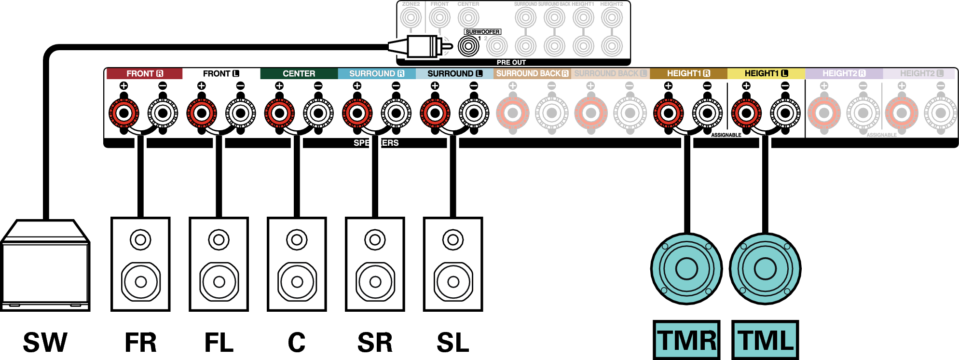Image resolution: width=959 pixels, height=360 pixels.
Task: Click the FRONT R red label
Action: pos(144,73)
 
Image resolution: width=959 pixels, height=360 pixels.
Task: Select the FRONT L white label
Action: pos(221,73)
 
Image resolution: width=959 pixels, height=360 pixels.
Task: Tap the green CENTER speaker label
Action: pos(299,73)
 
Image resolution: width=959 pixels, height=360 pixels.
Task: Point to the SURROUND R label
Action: pos(376,73)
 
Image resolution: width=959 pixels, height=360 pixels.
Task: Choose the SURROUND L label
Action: pos(454,73)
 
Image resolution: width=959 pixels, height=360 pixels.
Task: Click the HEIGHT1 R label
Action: pos(688,73)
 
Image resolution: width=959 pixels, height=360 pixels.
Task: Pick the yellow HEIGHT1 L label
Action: pos(766,73)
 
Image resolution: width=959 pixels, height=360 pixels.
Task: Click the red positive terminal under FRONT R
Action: pos(124,113)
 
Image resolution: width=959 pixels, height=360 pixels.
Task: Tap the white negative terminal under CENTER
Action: pos(318,113)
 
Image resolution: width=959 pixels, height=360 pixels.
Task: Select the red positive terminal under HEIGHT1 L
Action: pos(746,113)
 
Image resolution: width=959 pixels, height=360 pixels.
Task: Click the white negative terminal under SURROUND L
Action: pos(474,113)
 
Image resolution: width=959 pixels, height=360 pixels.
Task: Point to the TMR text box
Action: pos(686,340)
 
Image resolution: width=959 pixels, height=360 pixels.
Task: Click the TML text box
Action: pos(765,340)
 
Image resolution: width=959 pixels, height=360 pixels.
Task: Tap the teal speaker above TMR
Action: pos(686,269)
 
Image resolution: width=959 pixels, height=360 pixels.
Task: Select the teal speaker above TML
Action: pos(765,269)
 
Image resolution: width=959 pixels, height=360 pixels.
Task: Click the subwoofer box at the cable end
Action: pos(45,268)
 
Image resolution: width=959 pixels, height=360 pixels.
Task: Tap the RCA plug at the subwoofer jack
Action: pos(422,47)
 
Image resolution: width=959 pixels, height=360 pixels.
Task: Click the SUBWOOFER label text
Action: pos(482,32)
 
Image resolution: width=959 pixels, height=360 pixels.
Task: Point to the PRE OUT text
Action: pos(511,62)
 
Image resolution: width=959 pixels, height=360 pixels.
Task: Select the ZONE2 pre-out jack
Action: pos(411,18)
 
